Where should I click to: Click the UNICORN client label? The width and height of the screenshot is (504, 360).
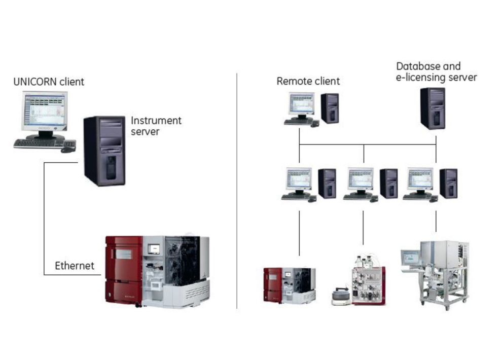[49, 81]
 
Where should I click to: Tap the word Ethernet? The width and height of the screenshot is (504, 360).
[75, 265]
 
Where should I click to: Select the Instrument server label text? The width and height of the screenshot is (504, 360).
[156, 126]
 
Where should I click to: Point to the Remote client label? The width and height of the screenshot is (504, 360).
[308, 81]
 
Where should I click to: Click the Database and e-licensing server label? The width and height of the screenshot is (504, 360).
[436, 72]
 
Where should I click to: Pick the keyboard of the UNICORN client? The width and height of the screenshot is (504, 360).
[39, 143]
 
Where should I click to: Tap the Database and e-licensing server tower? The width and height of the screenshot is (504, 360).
[433, 108]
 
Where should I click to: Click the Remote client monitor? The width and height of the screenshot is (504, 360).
[302, 104]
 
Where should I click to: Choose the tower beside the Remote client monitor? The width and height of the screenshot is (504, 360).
[330, 108]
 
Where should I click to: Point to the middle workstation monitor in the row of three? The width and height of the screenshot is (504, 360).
[361, 179]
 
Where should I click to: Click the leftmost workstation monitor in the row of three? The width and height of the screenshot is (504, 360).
[299, 179]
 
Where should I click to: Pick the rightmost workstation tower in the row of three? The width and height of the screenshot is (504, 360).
[448, 183]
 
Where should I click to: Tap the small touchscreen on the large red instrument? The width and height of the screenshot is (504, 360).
[154, 249]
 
